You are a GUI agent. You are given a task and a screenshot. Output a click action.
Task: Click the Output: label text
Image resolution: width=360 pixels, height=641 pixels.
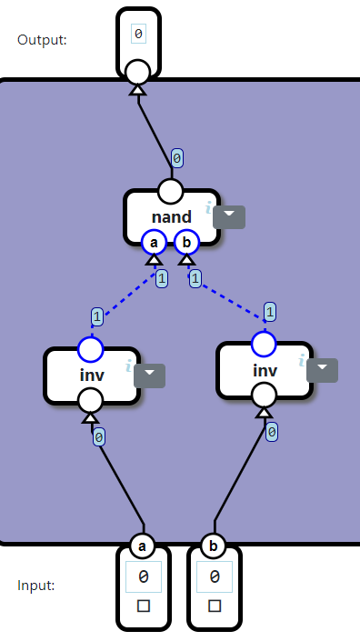(x=42, y=39)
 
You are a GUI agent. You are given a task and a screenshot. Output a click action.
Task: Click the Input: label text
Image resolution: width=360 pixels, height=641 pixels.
(x=36, y=585)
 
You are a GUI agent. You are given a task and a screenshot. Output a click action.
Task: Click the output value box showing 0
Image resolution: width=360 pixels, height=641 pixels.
(x=138, y=35)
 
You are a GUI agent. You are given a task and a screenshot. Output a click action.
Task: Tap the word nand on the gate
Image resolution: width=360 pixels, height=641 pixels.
(x=171, y=217)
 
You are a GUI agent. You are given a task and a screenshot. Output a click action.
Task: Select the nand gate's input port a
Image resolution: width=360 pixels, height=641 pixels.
(x=155, y=242)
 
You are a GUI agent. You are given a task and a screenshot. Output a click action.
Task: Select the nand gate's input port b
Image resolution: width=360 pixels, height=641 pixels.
(x=186, y=242)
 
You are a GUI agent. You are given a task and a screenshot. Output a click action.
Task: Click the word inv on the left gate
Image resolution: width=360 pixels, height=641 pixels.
(x=92, y=375)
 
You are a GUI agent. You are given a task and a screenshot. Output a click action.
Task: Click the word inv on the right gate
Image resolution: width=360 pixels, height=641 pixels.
(x=265, y=370)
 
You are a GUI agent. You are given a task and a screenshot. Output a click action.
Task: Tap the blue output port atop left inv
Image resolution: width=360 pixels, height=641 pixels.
(x=91, y=348)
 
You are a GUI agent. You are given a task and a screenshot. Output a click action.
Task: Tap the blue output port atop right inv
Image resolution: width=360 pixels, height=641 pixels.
(x=264, y=344)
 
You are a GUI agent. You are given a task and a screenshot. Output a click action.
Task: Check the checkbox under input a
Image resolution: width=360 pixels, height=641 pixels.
(x=144, y=606)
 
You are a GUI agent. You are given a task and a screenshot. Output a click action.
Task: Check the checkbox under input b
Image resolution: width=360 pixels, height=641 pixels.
(x=215, y=606)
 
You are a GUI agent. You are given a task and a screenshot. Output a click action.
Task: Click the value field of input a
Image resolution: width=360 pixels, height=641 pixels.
(x=144, y=576)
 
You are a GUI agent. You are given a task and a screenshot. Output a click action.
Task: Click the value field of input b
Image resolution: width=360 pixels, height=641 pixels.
(x=215, y=576)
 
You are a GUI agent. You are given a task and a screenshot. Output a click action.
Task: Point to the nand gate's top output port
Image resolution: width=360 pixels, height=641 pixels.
(x=171, y=191)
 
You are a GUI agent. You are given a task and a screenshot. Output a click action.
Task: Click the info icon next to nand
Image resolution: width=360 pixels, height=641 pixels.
(x=208, y=208)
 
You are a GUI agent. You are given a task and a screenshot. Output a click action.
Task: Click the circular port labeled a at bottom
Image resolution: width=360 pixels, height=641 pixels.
(x=143, y=546)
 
